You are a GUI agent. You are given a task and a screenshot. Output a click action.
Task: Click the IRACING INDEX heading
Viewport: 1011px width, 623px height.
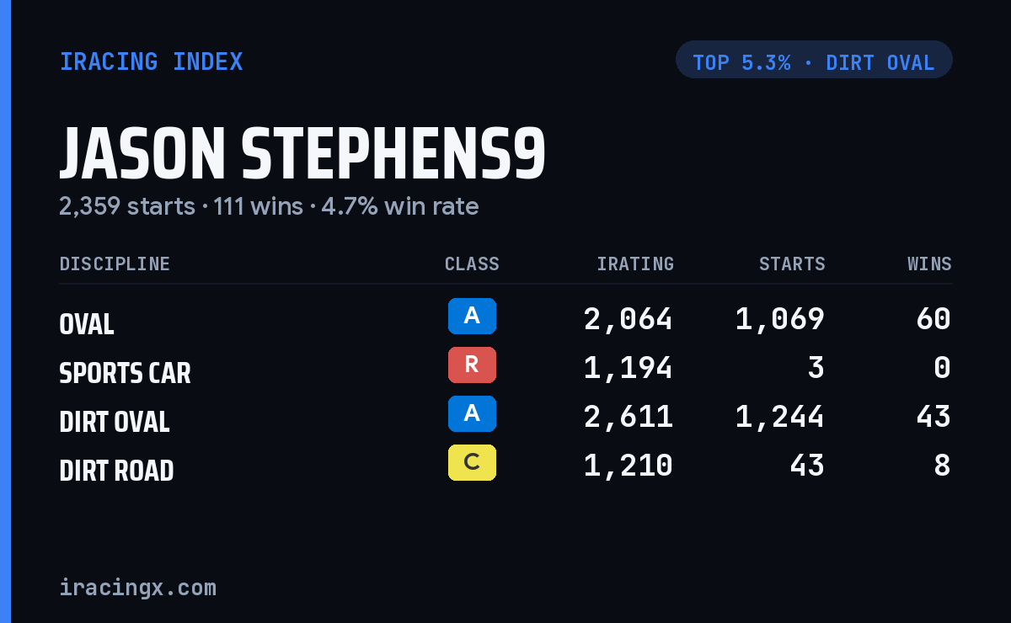(151, 61)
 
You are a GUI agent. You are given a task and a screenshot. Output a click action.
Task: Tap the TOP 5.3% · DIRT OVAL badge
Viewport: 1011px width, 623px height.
(814, 60)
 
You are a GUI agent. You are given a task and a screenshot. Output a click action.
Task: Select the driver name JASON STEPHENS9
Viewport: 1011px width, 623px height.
(302, 153)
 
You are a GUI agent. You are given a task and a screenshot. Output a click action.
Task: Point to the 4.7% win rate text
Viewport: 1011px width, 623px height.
(400, 206)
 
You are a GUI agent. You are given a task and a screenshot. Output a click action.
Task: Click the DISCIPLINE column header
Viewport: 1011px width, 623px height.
(115, 264)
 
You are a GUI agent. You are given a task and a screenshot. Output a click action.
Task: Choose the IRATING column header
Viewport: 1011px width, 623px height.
(635, 264)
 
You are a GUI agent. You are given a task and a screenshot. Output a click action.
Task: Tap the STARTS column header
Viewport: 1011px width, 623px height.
(792, 264)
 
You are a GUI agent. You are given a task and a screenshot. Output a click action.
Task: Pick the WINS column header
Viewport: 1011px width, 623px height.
(930, 264)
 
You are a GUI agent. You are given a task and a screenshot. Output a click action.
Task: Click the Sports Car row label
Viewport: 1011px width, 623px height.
(125, 373)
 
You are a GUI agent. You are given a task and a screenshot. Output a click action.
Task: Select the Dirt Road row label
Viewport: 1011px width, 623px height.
(116, 471)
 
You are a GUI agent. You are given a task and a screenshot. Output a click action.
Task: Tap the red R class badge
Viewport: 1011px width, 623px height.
(472, 365)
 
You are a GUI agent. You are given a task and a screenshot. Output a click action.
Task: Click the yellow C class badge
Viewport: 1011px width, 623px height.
(472, 462)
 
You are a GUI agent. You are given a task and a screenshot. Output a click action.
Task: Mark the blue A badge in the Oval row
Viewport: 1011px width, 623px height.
(472, 317)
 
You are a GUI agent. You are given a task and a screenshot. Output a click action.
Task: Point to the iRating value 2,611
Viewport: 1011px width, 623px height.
(629, 417)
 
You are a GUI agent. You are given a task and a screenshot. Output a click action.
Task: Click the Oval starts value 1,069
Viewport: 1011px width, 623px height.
(780, 319)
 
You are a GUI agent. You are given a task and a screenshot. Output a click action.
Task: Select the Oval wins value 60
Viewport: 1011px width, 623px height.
(933, 319)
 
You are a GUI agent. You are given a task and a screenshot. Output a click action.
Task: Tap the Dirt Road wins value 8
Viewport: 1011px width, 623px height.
(943, 465)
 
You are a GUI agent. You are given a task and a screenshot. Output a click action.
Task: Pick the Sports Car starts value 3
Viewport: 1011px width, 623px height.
(816, 368)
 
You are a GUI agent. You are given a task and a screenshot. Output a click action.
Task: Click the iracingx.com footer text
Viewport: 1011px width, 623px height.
(138, 588)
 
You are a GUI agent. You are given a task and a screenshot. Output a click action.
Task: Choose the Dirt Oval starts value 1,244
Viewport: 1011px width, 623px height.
(780, 417)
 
